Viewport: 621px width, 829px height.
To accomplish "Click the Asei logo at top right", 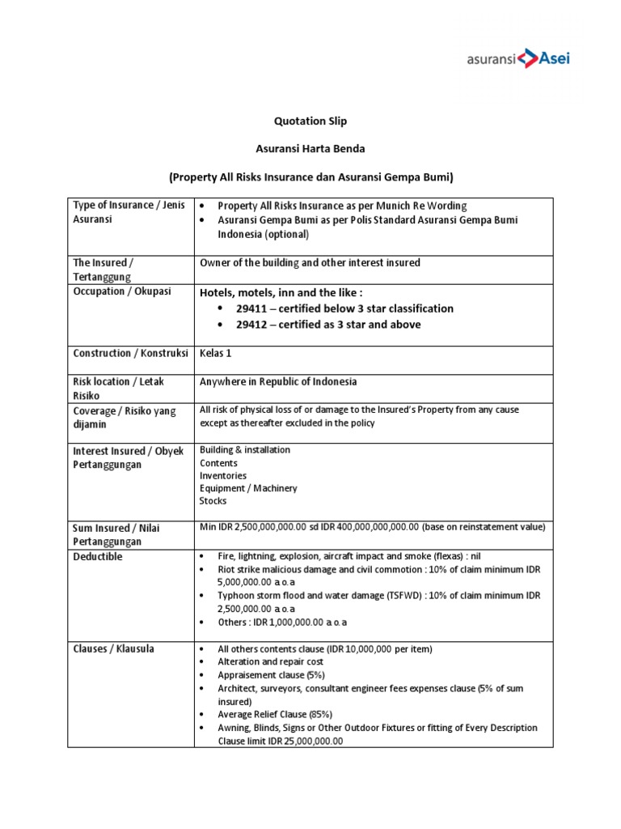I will [x=518, y=58].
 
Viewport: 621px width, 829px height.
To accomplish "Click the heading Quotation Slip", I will [x=310, y=121].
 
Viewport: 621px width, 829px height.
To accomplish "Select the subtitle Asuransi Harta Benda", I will [x=310, y=149].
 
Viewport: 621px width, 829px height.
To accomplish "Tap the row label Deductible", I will [x=97, y=557].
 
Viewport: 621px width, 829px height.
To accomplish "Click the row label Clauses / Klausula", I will [x=113, y=648].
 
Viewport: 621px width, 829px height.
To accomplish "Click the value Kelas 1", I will [x=216, y=353].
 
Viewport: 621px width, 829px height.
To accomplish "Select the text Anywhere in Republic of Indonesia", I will [x=278, y=381].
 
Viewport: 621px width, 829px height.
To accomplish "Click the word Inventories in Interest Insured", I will [x=223, y=475].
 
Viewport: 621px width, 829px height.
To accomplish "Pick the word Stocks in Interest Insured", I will [x=213, y=501].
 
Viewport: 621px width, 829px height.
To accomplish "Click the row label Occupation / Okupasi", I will [x=122, y=291].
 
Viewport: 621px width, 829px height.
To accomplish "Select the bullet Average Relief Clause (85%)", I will [x=274, y=714].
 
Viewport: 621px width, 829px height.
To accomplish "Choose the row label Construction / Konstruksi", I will [x=130, y=353].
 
